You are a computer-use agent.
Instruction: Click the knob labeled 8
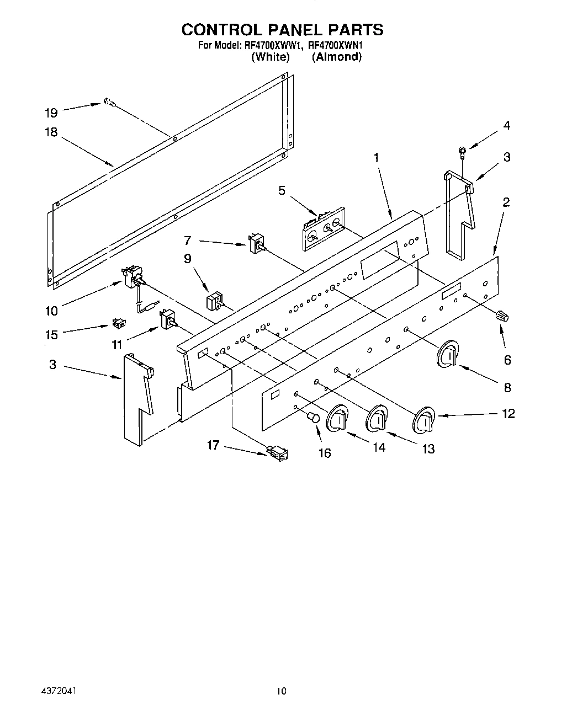[x=448, y=354]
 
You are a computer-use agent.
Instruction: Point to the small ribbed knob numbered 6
[x=502, y=316]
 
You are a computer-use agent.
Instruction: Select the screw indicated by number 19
[x=109, y=102]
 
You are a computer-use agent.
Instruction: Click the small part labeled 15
[x=117, y=322]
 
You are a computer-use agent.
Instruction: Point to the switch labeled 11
[x=167, y=319]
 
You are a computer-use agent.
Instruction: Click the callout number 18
[x=51, y=133]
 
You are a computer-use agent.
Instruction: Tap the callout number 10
[x=51, y=311]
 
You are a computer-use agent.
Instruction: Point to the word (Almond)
[x=336, y=56]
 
